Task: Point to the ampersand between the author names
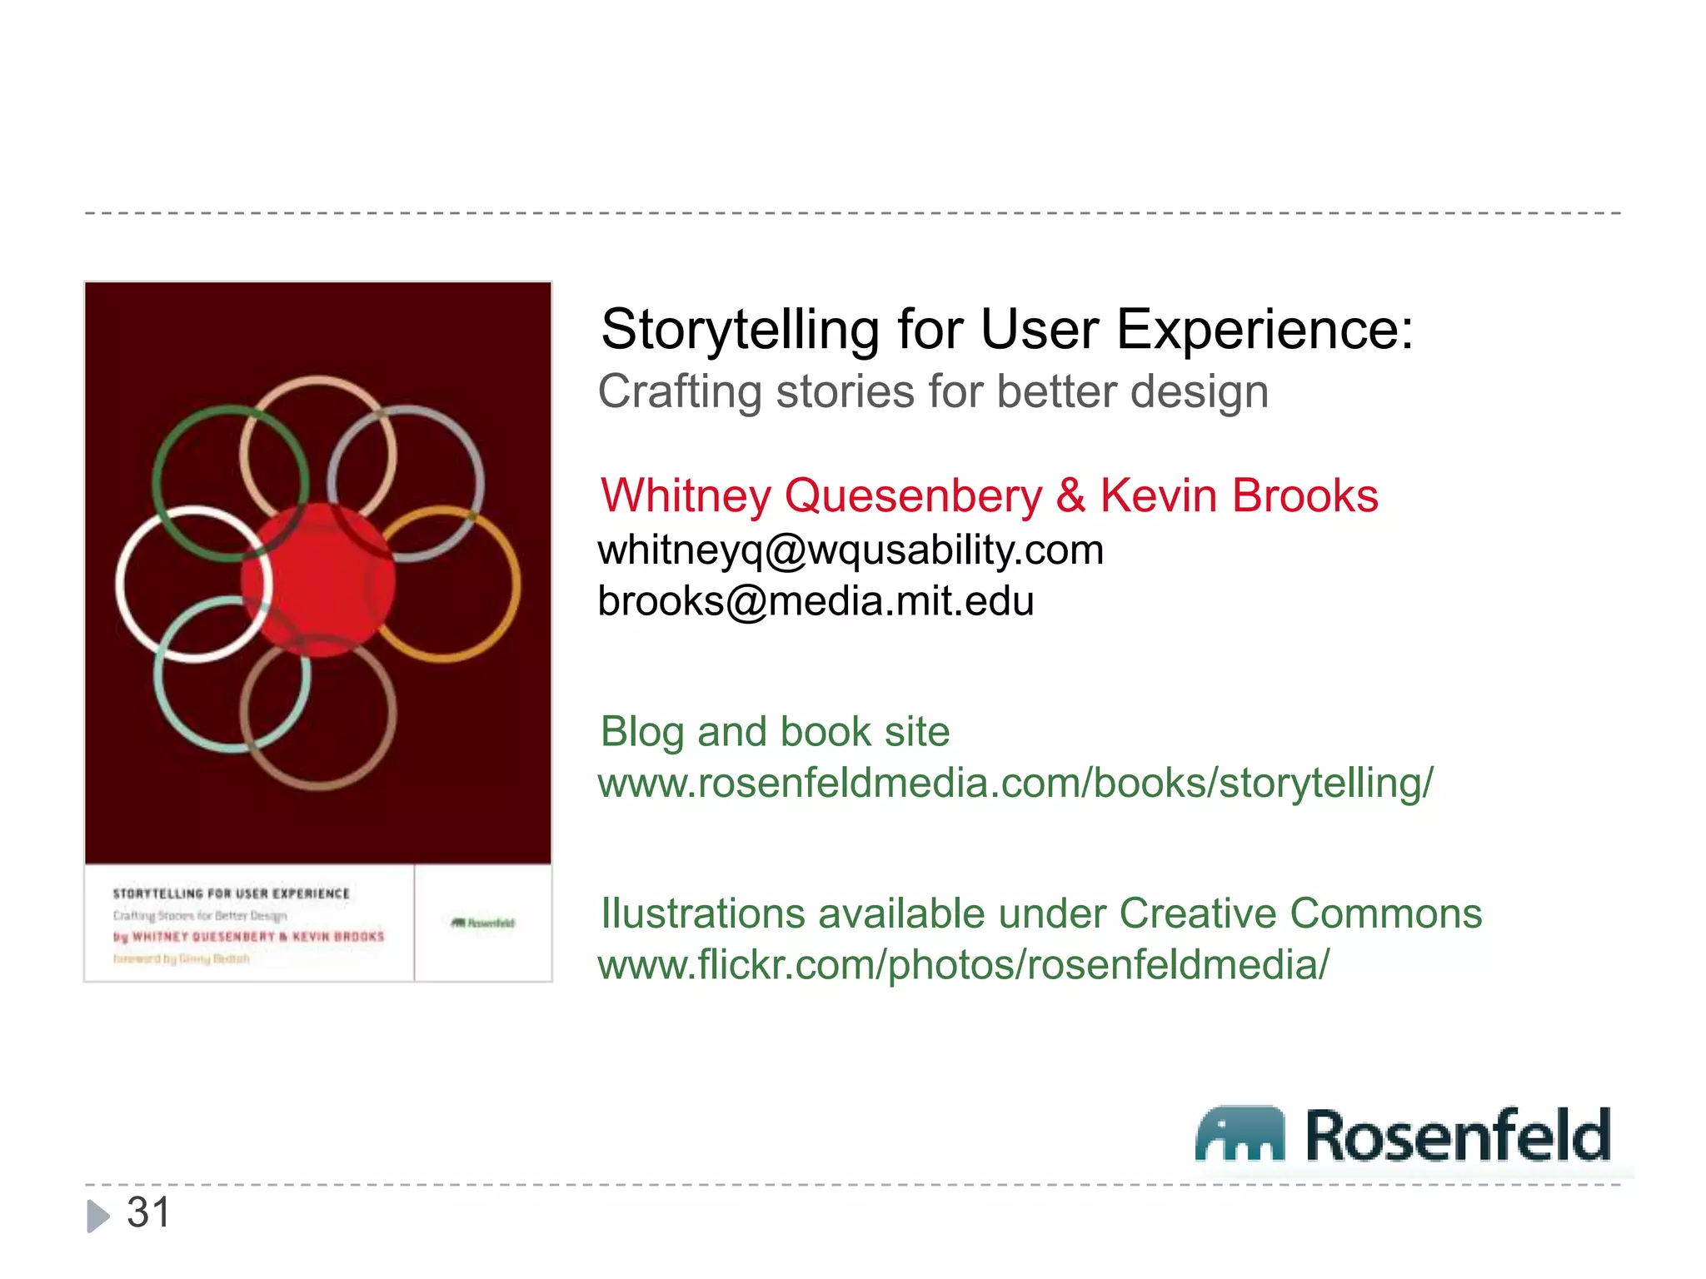click(1070, 496)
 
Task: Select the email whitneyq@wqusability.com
click(851, 550)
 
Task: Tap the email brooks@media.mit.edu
click(816, 601)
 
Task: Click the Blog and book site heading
click(775, 732)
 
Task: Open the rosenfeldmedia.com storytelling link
click(1015, 784)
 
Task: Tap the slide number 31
click(148, 1212)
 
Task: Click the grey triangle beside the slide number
click(97, 1216)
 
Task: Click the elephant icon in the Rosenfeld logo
click(1240, 1133)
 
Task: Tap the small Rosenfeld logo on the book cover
click(483, 923)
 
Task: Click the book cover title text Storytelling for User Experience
click(232, 893)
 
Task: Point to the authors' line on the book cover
click(249, 937)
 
